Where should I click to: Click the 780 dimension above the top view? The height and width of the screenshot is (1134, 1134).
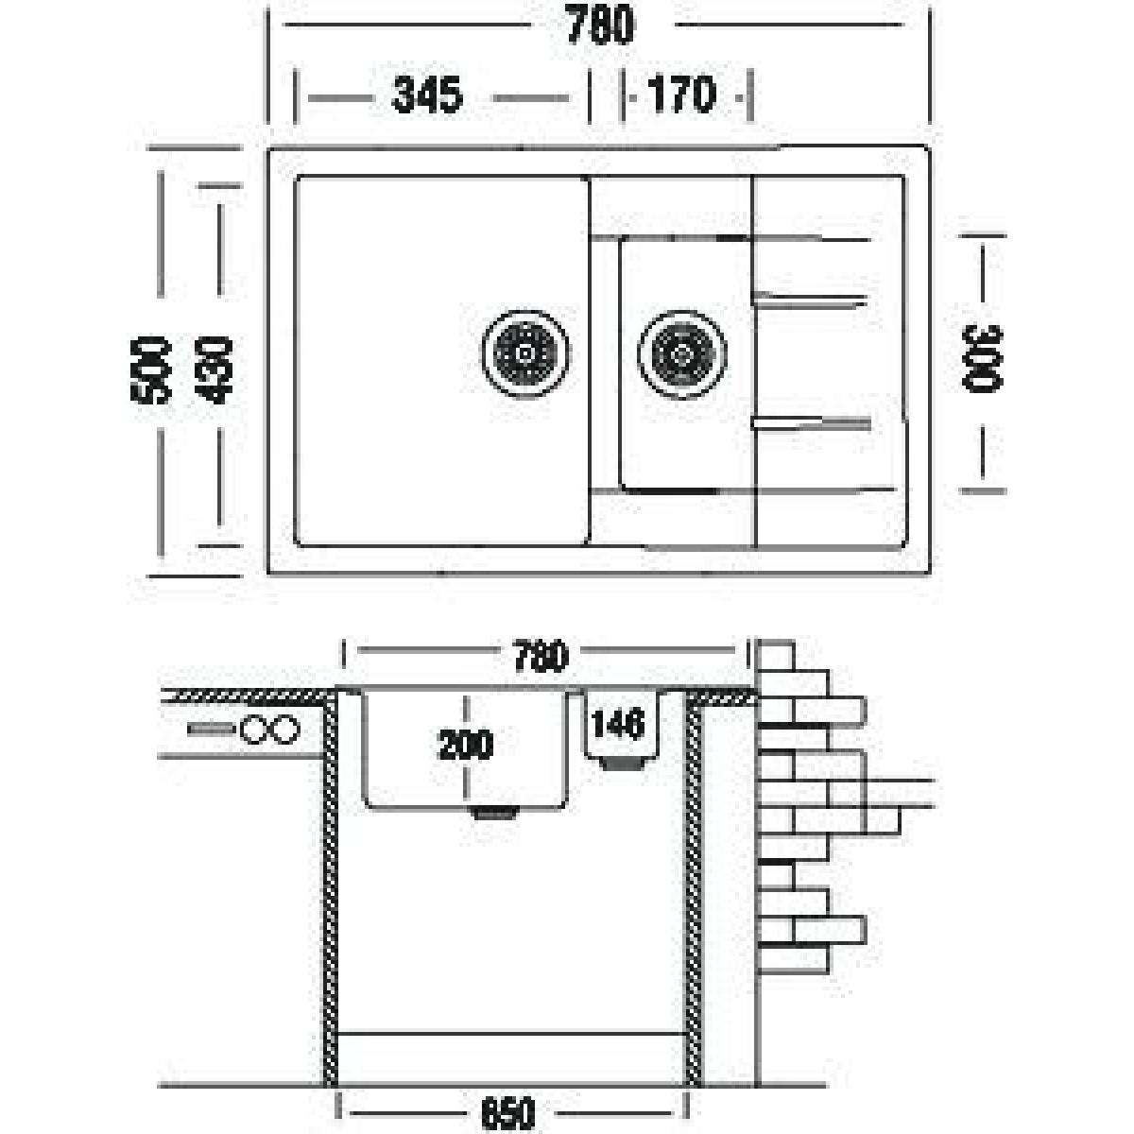pyautogui.click(x=600, y=25)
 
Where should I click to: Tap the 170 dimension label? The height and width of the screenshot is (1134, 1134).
pyautogui.click(x=682, y=94)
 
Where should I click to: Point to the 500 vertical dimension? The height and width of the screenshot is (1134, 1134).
pyautogui.click(x=149, y=370)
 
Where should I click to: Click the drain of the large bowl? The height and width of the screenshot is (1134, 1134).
pyautogui.click(x=525, y=354)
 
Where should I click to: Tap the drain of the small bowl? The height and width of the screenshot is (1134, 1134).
pyautogui.click(x=682, y=354)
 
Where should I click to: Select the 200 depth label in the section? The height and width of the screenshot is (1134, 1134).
pyautogui.click(x=466, y=745)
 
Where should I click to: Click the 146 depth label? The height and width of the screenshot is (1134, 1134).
pyautogui.click(x=618, y=723)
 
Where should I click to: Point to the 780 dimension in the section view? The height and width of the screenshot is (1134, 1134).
pyautogui.click(x=541, y=657)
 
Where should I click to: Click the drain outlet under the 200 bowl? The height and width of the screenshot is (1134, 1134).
pyautogui.click(x=495, y=812)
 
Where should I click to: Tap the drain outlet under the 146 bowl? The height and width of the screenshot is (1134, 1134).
pyautogui.click(x=622, y=764)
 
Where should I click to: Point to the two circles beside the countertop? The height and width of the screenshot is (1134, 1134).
pyautogui.click(x=270, y=730)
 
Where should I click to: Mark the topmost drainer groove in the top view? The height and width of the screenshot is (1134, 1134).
pyautogui.click(x=810, y=238)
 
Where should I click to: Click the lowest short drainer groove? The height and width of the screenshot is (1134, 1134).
pyautogui.click(x=812, y=423)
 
